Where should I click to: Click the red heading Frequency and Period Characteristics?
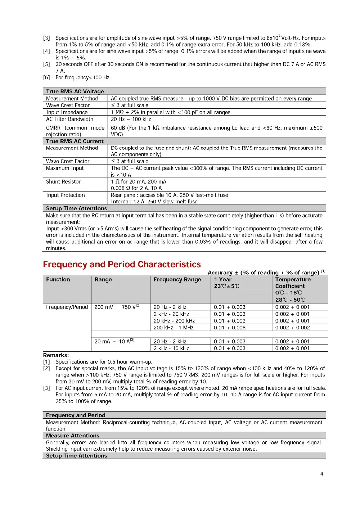pos(122,265)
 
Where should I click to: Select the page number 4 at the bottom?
pos(321,474)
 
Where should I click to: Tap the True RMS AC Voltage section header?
pos(75,91)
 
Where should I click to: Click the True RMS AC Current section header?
pos(75,141)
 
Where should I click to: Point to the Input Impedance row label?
pos(67,112)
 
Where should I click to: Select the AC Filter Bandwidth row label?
pos(69,119)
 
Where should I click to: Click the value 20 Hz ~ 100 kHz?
pos(131,119)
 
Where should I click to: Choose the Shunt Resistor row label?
pos(63,182)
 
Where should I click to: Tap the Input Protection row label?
pos(65,195)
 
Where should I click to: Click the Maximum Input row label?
pos(64,168)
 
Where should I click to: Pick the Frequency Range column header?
pos(177,280)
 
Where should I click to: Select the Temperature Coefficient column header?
pos(293,283)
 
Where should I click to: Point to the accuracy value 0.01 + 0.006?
pos(230,328)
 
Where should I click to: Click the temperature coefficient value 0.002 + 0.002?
pos(292,328)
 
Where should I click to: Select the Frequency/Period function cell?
pos(67,307)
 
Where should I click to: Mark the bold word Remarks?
pos(56,355)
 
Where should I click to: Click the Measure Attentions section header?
pos(72,436)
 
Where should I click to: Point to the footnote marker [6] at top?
pos(46,77)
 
